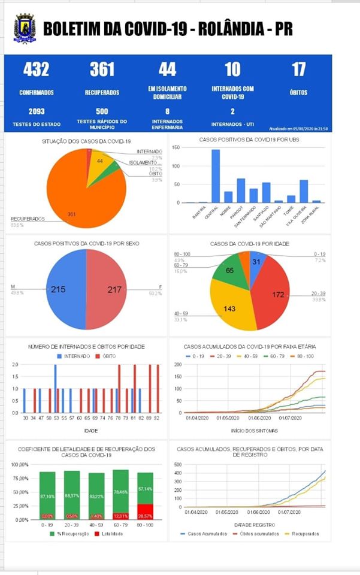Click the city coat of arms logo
click(x=25, y=28)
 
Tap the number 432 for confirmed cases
click(x=36, y=70)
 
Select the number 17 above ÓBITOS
click(x=298, y=70)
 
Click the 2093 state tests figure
click(x=36, y=111)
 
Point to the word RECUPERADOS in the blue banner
click(x=102, y=93)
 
